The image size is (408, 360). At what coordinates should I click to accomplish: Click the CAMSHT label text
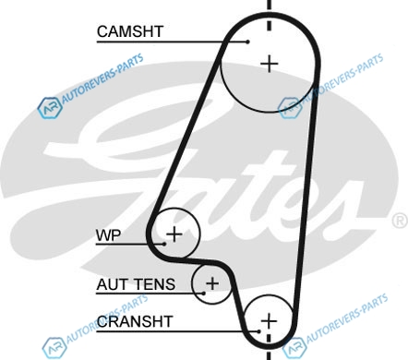130,31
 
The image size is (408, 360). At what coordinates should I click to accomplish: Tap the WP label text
108,235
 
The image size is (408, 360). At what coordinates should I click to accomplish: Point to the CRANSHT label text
135,321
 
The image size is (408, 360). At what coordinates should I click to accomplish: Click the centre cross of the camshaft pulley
270,64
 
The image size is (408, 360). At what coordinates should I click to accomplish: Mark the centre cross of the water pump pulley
174,234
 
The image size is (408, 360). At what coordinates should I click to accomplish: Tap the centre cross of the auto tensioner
212,283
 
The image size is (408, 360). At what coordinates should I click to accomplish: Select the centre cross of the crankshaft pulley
269,321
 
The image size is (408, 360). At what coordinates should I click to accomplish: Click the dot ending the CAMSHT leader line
248,42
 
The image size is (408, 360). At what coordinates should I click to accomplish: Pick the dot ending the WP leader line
164,244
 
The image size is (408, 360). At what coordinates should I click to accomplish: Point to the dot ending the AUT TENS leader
204,294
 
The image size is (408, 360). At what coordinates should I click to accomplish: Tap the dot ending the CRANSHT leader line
259,331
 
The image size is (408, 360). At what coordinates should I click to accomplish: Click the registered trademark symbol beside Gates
400,221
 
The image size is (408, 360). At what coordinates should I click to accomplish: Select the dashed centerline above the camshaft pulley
270,16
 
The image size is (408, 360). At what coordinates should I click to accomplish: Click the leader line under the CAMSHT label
173,42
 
